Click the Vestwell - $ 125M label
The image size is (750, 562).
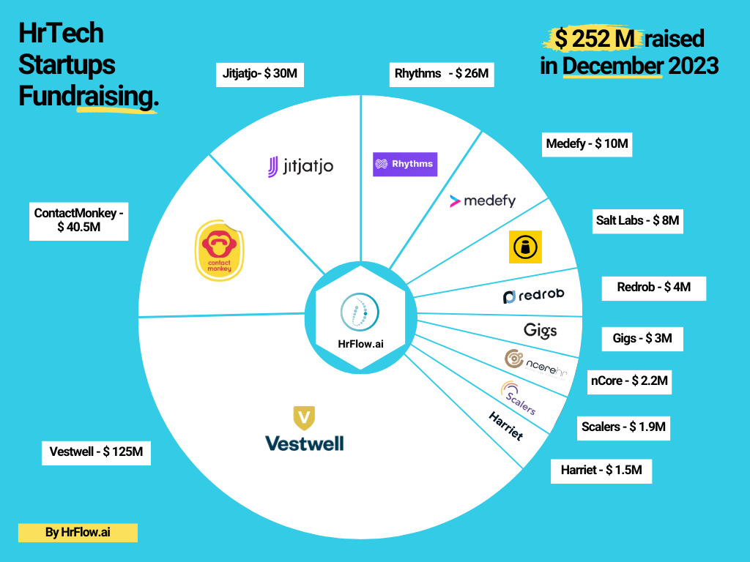pyautogui.click(x=97, y=452)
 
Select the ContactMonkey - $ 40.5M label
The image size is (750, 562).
pyautogui.click(x=79, y=220)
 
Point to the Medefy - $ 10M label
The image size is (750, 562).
pyautogui.click(x=587, y=143)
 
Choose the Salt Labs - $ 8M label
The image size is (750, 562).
pyautogui.click(x=639, y=220)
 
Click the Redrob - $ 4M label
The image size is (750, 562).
pyautogui.click(x=653, y=288)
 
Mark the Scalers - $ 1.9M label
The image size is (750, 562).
pyautogui.click(x=623, y=427)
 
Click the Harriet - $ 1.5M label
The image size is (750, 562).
pyautogui.click(x=601, y=470)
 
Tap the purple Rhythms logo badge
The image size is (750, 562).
pyautogui.click(x=404, y=164)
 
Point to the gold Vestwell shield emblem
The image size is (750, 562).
pyautogui.click(x=304, y=418)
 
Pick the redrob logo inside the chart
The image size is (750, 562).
pyautogui.click(x=533, y=296)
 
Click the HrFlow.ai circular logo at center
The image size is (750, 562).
pyautogui.click(x=360, y=313)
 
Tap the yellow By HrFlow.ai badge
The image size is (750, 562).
pyautogui.click(x=78, y=533)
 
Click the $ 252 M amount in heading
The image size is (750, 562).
pyautogui.click(x=593, y=38)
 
